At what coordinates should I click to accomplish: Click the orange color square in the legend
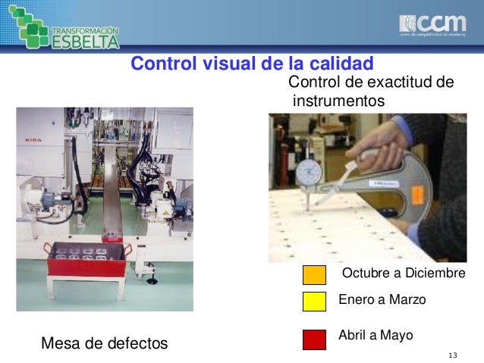click(314, 274)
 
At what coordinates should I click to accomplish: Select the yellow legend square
click(314, 302)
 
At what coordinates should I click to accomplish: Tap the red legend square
click(314, 339)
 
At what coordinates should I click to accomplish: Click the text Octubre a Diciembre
click(404, 273)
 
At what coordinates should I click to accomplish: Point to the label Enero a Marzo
click(382, 300)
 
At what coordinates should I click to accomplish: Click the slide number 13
click(454, 356)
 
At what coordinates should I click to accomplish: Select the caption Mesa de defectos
click(104, 343)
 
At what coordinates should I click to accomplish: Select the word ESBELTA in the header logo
click(86, 40)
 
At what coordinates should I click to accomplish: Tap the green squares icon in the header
click(27, 24)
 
